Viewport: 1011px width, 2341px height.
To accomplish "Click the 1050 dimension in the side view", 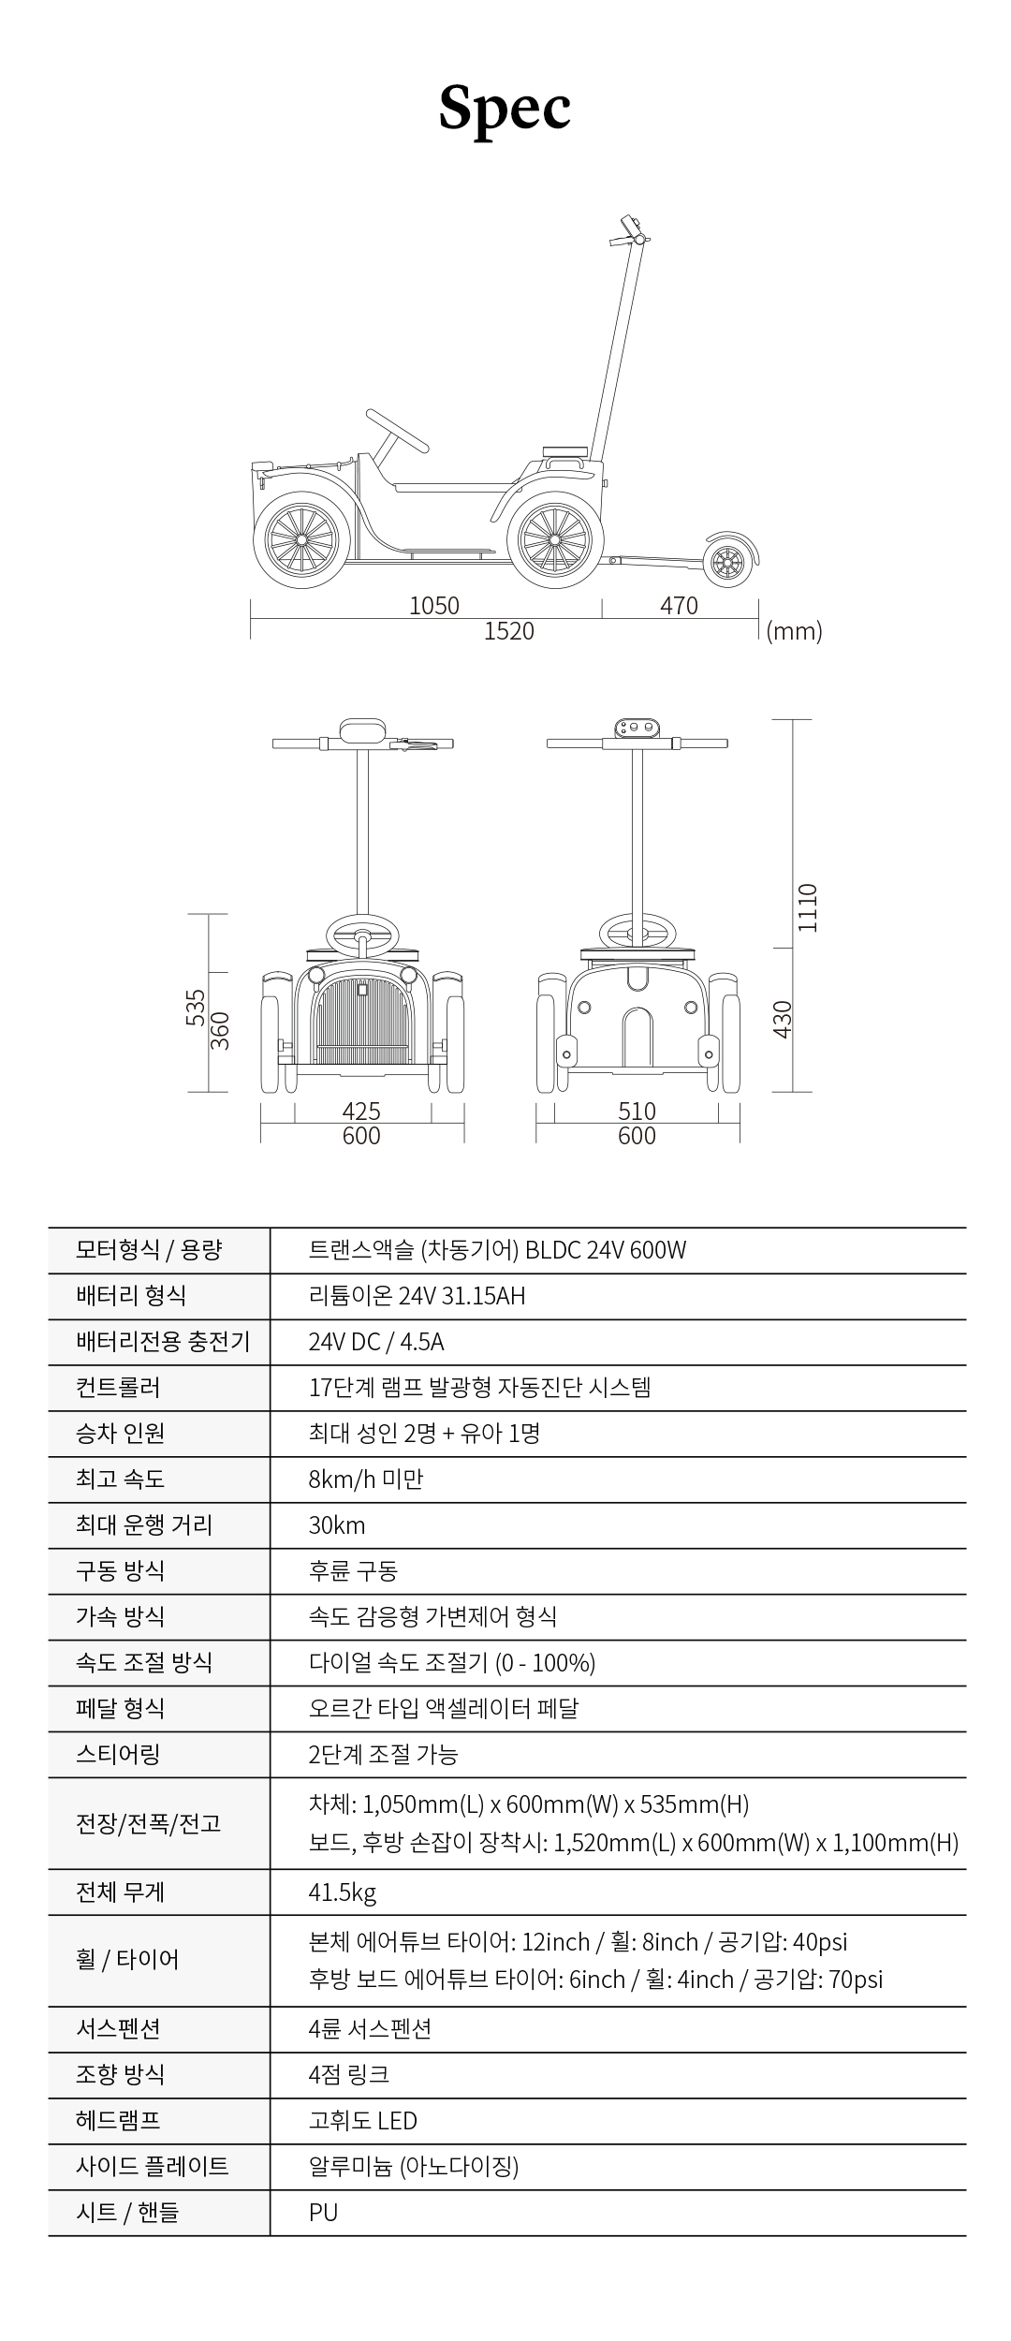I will tap(434, 606).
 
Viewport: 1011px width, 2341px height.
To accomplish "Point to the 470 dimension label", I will tap(679, 606).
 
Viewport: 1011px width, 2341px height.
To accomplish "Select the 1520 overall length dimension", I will tap(508, 631).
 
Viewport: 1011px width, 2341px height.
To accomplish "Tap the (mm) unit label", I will tap(794, 631).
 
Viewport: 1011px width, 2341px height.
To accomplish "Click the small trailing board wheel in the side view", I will tap(727, 563).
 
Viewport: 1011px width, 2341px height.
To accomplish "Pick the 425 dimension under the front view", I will tap(361, 1111).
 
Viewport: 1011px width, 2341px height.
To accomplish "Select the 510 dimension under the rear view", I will tap(637, 1111).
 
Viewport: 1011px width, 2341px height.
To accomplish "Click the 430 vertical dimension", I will tap(783, 1019).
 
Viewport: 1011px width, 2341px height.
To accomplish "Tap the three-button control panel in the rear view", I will tap(637, 728).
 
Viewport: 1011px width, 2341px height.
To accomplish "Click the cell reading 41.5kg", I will tap(343, 1892).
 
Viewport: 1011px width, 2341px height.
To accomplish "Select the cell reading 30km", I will tap(337, 1525).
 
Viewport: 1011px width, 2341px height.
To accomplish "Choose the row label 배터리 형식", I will tap(131, 1296).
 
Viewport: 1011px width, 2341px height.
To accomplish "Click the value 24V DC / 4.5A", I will tap(376, 1342).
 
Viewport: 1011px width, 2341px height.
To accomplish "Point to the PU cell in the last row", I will tap(323, 2213).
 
